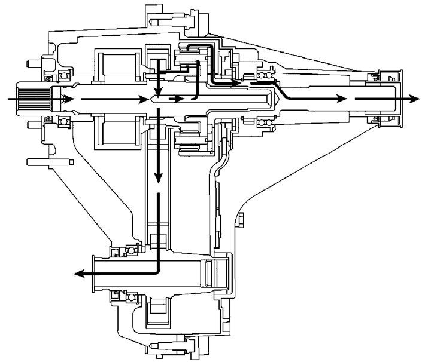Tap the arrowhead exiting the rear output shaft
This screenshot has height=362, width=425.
point(412,99)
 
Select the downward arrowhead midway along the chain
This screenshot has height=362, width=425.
point(158,177)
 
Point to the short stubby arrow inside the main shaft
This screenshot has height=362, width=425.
point(176,99)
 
